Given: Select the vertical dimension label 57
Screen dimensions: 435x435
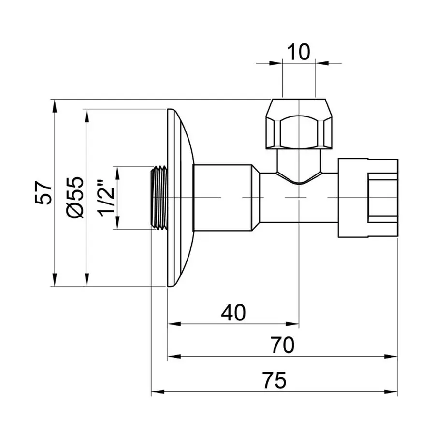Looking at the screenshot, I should [x=44, y=193].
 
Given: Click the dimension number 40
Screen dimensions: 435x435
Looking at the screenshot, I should [x=233, y=313].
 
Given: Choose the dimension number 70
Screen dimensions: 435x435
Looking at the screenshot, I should [x=282, y=346].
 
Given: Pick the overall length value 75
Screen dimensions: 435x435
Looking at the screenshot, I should [x=275, y=380].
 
